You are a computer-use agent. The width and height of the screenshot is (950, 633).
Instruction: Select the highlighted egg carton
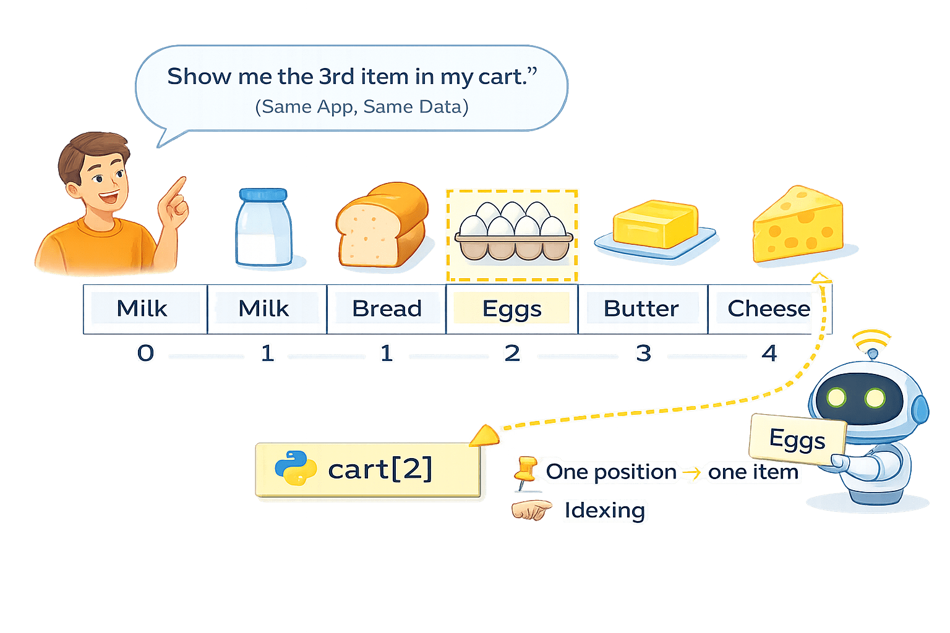[x=513, y=236]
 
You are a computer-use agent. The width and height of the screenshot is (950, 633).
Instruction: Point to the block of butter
[x=656, y=225]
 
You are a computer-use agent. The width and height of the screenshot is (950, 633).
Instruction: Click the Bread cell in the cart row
[x=387, y=308]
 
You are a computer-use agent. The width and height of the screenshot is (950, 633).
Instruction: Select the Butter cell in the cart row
[x=641, y=308]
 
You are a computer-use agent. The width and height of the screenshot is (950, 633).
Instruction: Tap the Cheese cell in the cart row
[x=768, y=308]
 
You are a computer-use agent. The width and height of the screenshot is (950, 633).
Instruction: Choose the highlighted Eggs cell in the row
[x=511, y=308]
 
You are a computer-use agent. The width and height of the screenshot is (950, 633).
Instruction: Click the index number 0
[x=146, y=354]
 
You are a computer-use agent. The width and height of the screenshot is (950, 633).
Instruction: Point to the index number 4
[x=769, y=354]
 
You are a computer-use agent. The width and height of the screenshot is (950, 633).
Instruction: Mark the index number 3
[x=643, y=354]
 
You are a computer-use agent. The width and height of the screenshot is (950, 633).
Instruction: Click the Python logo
[x=295, y=469]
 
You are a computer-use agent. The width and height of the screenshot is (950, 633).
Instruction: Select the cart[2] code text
[x=380, y=470]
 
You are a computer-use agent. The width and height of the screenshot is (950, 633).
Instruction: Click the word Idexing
[x=604, y=511]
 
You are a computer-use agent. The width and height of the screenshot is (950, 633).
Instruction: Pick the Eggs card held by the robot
[x=797, y=440]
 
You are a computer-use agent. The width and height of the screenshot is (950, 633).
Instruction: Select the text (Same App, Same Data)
[x=362, y=107]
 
